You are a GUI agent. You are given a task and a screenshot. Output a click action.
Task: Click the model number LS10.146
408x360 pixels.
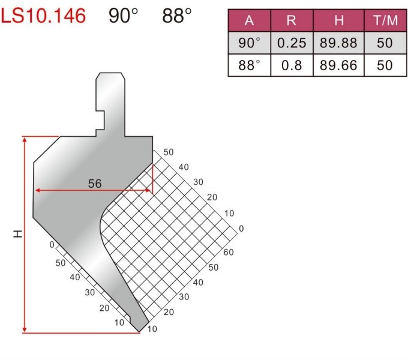[43, 16]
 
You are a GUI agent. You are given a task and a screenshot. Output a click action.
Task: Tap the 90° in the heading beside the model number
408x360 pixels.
[123, 16]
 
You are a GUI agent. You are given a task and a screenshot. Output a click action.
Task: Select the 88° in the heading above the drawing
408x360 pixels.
[177, 16]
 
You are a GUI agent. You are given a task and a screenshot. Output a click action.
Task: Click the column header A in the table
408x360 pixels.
[249, 20]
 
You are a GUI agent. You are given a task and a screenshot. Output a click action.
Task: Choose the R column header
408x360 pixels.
[292, 20]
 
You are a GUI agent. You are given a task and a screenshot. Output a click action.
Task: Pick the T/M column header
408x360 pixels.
[385, 20]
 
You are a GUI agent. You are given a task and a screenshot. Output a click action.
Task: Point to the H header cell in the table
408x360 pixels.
[338, 20]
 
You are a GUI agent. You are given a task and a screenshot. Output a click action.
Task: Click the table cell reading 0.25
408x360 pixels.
[292, 43]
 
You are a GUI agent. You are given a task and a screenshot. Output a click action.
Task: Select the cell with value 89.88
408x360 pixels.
[338, 43]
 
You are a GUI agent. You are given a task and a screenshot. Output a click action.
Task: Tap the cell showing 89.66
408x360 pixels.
[338, 65]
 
